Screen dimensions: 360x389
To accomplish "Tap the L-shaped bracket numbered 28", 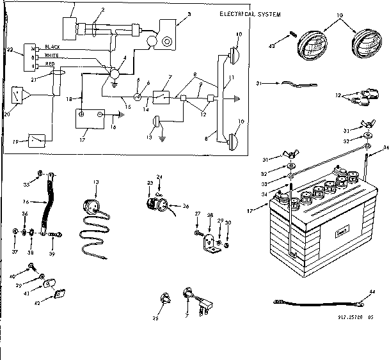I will (x=207, y=242).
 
